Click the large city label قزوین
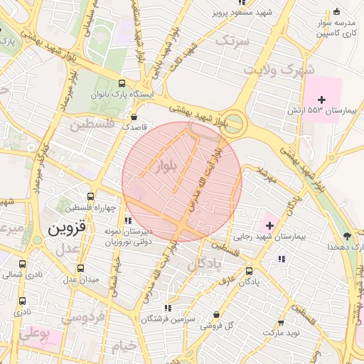(x=68, y=229)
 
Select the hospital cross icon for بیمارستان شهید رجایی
(x=269, y=224)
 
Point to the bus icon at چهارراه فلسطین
(x=90, y=196)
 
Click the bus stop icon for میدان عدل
(x=80, y=269)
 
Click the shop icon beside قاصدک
(x=134, y=116)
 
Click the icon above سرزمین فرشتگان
(x=168, y=308)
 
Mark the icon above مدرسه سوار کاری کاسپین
(x=337, y=11)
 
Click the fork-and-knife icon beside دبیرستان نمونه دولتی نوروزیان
(x=128, y=220)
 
